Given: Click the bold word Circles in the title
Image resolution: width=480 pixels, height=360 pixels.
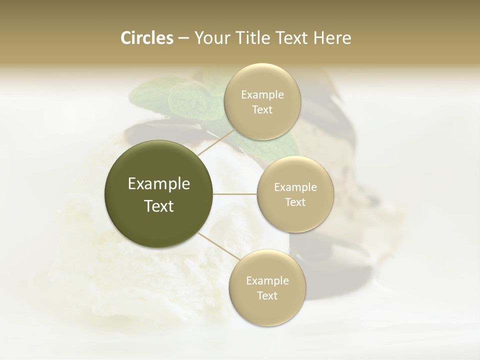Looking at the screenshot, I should tap(146, 38).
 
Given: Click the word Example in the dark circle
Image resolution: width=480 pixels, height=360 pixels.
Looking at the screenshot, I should tap(159, 184).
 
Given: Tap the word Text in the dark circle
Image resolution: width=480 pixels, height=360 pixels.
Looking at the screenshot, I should tap(159, 206).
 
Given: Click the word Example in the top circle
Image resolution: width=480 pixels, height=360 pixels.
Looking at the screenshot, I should tap(262, 95).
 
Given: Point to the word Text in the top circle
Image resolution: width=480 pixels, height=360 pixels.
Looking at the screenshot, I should tap(262, 110).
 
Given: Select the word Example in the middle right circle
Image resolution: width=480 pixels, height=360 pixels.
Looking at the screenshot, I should tap(295, 187).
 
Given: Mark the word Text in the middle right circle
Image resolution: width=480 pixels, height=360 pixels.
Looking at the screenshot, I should tap(295, 202).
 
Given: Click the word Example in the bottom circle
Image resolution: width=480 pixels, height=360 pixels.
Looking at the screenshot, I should tap(267, 280).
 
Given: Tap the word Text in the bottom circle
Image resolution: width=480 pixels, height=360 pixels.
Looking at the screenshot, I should tap(267, 295).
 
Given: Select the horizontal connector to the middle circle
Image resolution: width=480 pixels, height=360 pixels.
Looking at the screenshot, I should tap(235, 194).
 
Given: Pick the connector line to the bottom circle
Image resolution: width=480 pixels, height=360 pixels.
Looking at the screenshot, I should tap(216, 246).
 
